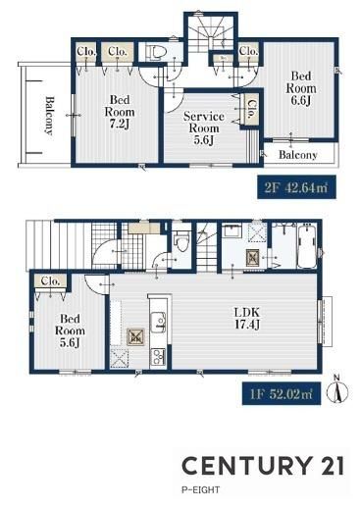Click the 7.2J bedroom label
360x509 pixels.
coord(120,112)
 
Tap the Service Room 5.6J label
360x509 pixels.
coord(203,128)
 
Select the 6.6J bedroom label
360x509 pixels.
coord(301,88)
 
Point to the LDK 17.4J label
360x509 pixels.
coord(247,318)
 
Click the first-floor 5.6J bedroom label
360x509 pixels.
coord(70,331)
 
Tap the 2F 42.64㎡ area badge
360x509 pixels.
coord(296,187)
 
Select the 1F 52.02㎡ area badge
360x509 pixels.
coord(282,393)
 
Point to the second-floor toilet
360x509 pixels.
coord(156,52)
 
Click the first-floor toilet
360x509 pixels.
coord(181,241)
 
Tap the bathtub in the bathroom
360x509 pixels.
coord(307,246)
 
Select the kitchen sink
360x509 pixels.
coord(158,322)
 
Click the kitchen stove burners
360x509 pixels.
coord(158,357)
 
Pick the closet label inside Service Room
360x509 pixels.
coord(251,109)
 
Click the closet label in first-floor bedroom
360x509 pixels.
coord(50,281)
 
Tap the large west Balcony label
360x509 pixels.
coord(49,115)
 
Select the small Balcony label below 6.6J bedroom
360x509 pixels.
coord(298,155)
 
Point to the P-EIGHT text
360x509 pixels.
coord(201,490)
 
